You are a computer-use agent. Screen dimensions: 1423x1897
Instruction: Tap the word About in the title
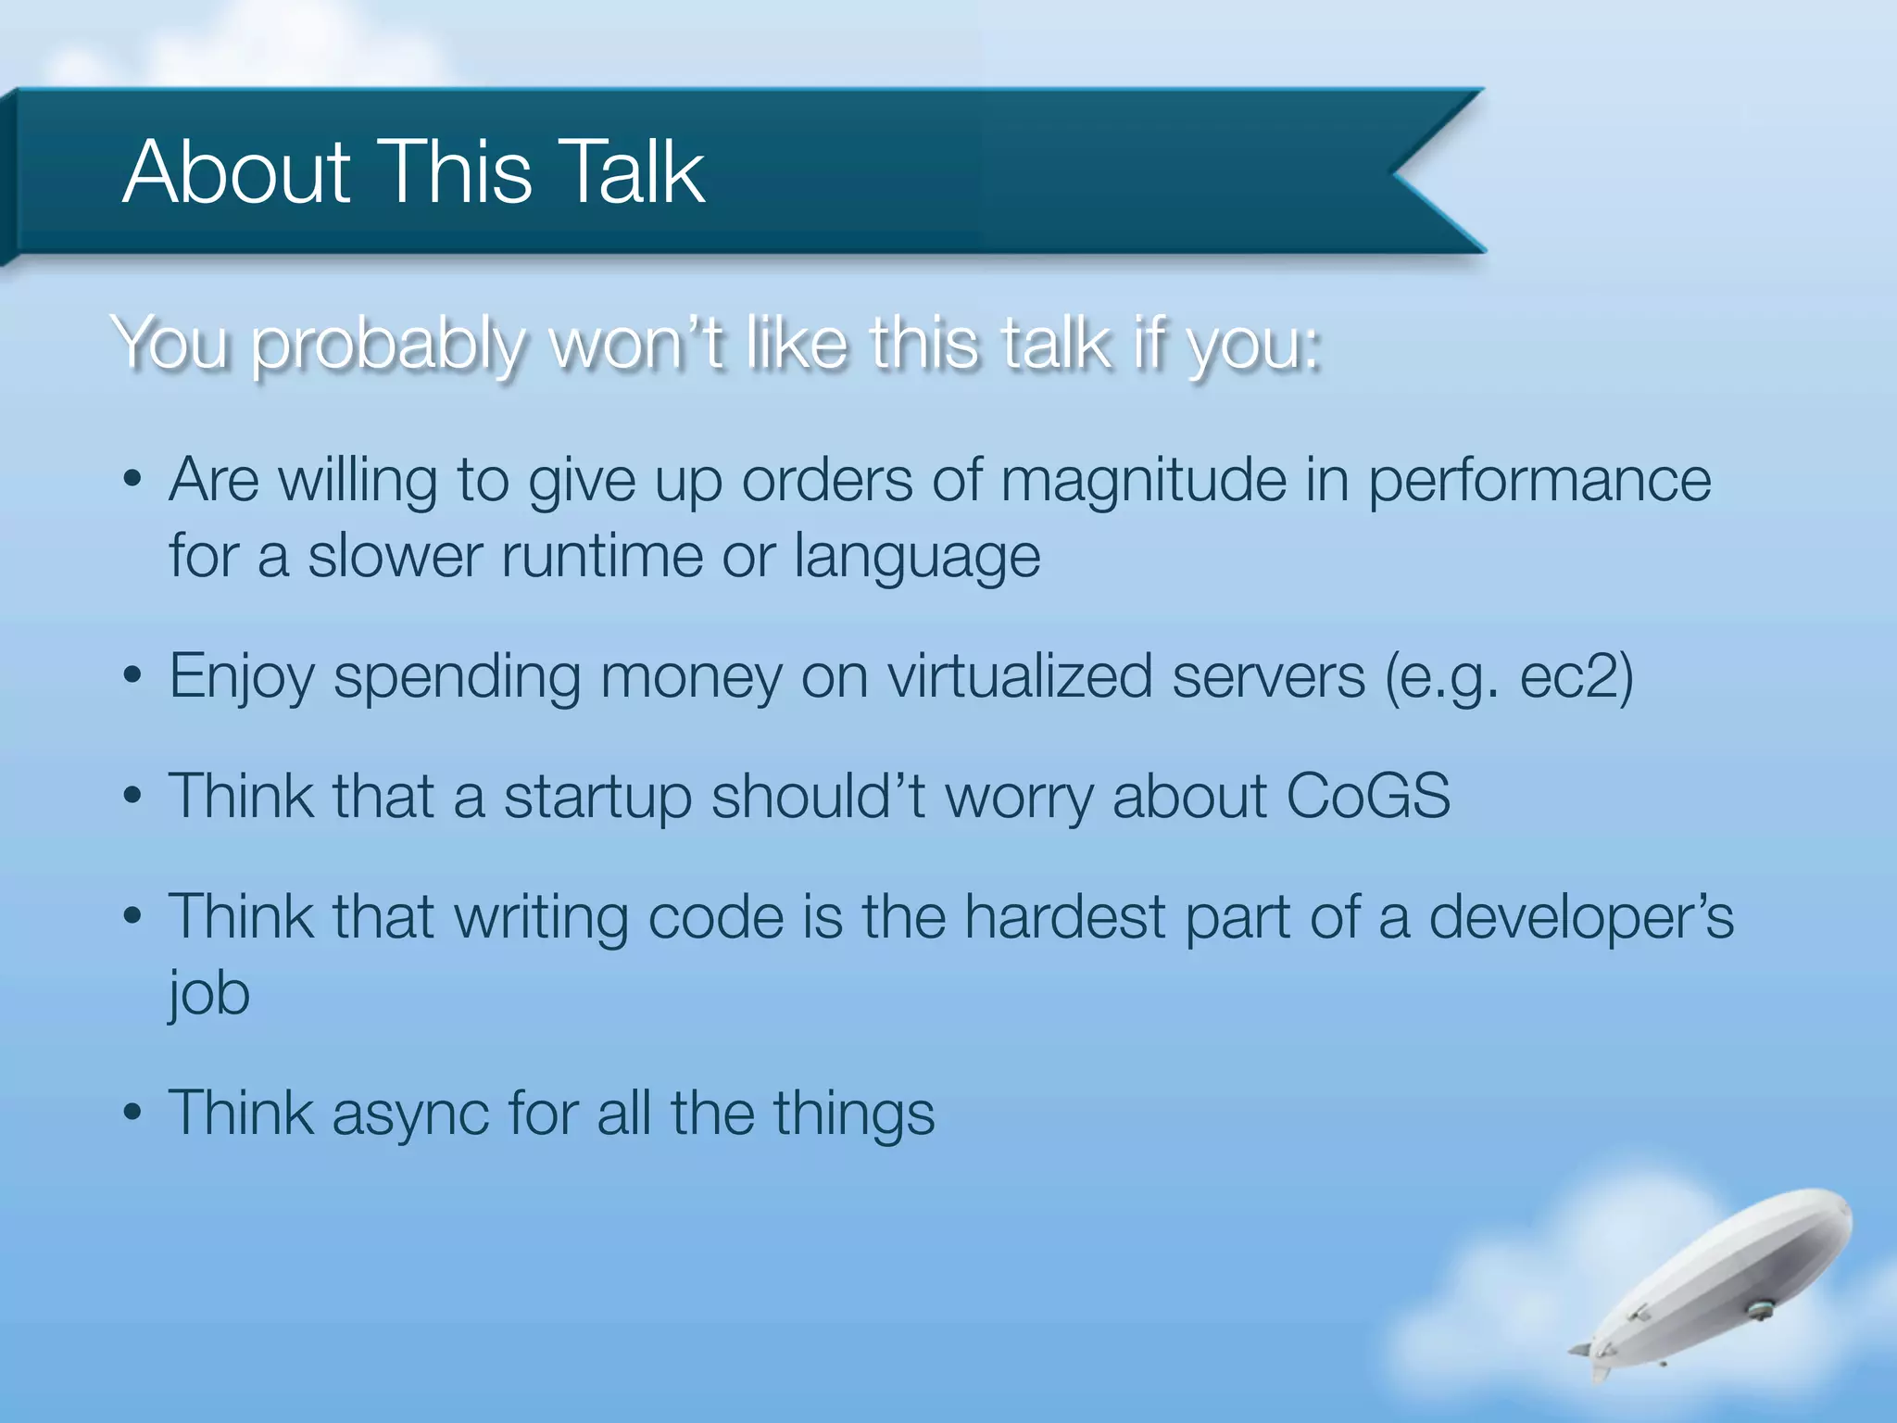(236, 171)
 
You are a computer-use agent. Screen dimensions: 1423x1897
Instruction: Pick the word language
(917, 558)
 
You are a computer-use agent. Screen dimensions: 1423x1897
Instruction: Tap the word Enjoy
(242, 677)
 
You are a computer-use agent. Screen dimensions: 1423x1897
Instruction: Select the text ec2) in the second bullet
(1577, 677)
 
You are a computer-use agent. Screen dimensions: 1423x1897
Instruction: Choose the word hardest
(1064, 917)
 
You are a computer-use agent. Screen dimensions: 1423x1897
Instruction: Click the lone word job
(209, 994)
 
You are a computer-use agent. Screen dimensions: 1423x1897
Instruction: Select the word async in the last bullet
(409, 1114)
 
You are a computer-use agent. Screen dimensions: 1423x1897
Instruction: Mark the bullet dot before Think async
(132, 1113)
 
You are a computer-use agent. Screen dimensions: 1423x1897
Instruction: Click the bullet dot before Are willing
(132, 480)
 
